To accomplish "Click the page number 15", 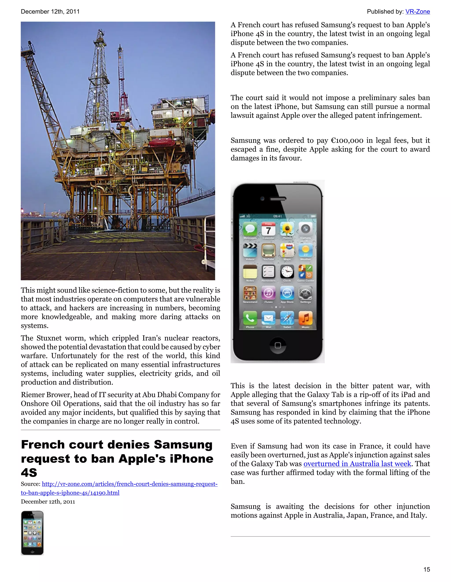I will pos(427,569).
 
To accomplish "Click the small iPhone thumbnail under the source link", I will pos(32,533).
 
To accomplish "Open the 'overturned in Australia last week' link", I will pos(357,464).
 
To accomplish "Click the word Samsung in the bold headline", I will pos(183,445).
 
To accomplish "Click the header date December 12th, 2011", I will pos(50,12).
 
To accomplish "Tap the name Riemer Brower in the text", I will pos(44,395).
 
